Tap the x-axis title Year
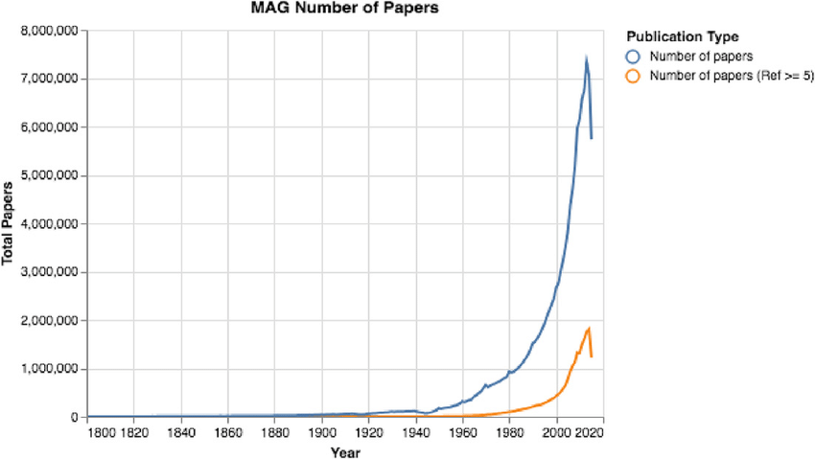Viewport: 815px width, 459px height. tap(344, 451)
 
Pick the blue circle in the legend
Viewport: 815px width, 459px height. tap(633, 56)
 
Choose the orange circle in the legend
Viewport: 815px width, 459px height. tap(633, 76)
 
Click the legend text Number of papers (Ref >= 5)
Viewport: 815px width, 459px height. tap(732, 76)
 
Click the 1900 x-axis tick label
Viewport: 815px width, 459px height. tap(321, 433)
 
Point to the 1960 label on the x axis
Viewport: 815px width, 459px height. tap(462, 433)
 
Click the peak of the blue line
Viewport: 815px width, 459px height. tap(586, 59)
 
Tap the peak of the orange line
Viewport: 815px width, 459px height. tap(588, 329)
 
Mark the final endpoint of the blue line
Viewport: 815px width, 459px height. tap(591, 139)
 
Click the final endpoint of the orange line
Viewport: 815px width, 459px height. tap(591, 356)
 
